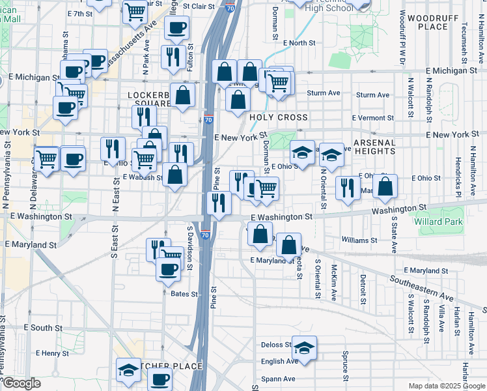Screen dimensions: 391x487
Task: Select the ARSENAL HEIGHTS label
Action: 374,147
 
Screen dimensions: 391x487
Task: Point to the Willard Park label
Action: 437,222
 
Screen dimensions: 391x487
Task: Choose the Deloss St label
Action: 275,345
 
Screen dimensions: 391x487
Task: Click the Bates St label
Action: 184,294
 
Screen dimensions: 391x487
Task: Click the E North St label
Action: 299,43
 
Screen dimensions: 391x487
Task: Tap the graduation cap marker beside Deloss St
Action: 304,347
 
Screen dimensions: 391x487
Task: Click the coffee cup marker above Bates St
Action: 169,268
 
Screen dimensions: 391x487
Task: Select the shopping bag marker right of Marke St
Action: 385,185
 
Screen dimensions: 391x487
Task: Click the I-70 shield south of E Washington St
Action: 205,235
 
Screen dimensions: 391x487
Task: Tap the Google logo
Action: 21,383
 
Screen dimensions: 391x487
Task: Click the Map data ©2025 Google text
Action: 447,386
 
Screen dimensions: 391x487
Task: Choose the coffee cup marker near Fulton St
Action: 177,28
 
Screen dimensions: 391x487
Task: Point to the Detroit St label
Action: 363,290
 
